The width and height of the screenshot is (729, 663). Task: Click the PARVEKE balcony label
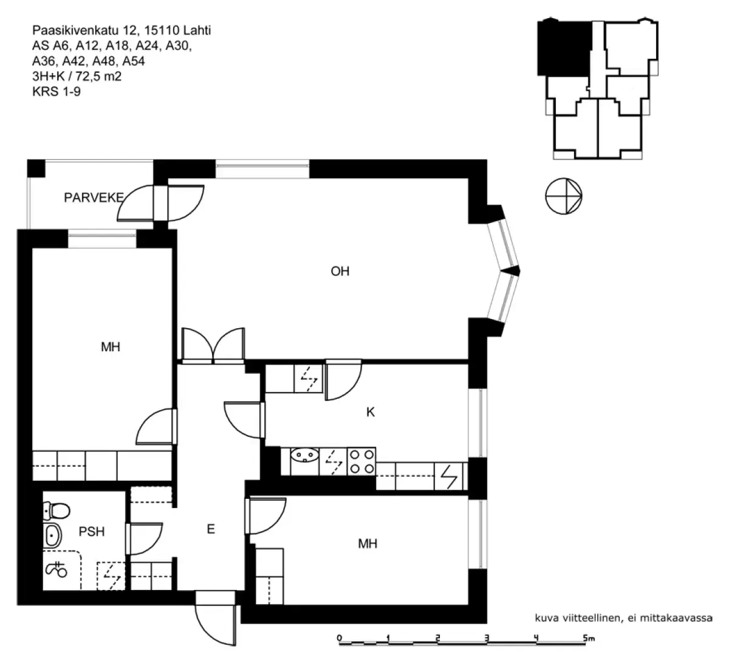[x=94, y=198]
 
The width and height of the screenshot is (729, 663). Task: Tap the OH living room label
[x=340, y=272]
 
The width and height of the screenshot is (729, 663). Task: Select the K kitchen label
[x=370, y=413]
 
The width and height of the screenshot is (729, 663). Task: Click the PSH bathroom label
[x=92, y=532]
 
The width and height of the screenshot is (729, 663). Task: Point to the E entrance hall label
[x=211, y=529]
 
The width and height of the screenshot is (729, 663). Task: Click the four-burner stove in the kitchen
[x=361, y=461]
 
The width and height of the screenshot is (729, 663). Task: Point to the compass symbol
[x=564, y=198]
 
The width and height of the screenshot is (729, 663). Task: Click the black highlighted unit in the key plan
[x=564, y=49]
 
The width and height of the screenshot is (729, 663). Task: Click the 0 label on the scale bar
[x=340, y=637]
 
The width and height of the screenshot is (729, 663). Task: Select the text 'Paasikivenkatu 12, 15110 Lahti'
[x=122, y=30]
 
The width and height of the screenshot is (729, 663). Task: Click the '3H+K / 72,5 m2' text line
[x=80, y=77]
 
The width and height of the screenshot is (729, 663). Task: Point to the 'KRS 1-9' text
[x=56, y=92]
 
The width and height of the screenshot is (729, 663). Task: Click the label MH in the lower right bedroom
[x=368, y=543]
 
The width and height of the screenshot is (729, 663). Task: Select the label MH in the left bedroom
[x=111, y=347]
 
